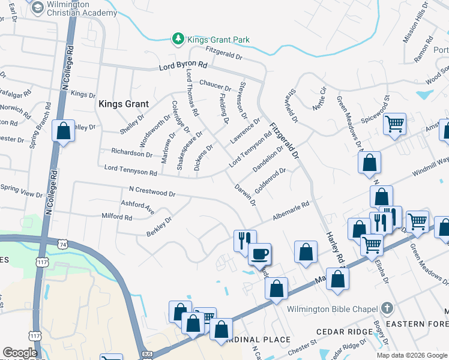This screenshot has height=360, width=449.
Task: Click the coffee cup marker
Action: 259,253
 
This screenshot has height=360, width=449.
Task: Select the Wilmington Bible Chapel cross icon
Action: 387,309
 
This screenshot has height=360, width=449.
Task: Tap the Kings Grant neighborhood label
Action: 123,104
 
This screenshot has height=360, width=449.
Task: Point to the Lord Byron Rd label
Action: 183,65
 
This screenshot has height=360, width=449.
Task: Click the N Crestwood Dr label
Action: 152,192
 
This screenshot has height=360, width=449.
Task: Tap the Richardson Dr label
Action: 131,153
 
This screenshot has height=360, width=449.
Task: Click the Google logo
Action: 20,353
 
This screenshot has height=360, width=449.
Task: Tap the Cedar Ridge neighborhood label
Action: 339,332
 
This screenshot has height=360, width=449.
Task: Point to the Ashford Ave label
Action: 137,207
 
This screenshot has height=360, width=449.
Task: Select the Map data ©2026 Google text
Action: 411,355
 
